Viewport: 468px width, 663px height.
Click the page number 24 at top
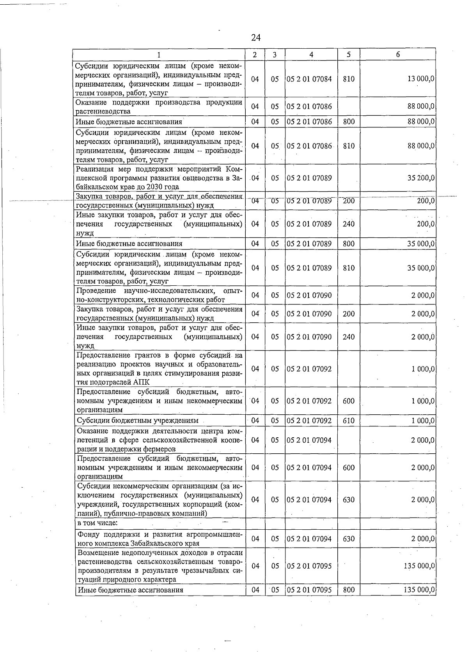[x=256, y=37]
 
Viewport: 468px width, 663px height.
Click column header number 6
[x=397, y=55]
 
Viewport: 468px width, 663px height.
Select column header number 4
[x=311, y=55]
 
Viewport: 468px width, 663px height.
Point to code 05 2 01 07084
[x=309, y=79]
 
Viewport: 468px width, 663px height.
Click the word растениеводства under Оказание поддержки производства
[x=103, y=111]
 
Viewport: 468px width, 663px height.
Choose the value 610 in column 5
[x=348, y=421]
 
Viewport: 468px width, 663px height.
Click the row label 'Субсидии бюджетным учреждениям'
[x=138, y=421]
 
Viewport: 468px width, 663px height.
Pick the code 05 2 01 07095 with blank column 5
[x=309, y=566]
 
